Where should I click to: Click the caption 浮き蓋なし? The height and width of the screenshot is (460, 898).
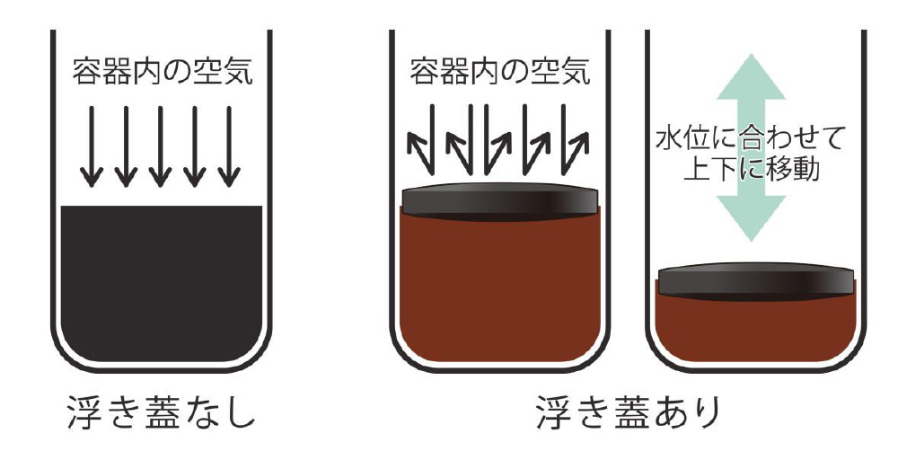click(162, 411)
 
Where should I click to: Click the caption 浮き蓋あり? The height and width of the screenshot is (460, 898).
click(629, 411)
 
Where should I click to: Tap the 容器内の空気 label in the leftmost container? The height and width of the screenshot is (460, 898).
click(162, 72)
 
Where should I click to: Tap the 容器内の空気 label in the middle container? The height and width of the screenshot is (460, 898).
click(500, 72)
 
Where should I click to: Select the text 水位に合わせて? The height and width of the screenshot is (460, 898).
click(750, 139)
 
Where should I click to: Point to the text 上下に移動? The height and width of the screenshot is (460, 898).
click(751, 168)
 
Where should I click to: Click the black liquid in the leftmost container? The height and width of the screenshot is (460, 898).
click(162, 284)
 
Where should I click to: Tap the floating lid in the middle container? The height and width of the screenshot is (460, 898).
click(500, 201)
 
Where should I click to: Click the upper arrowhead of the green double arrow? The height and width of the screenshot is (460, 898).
click(751, 77)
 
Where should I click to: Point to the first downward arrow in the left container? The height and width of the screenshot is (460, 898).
click(91, 146)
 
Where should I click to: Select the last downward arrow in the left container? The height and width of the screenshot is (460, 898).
click(229, 146)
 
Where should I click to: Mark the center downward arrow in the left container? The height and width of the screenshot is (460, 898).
click(160, 146)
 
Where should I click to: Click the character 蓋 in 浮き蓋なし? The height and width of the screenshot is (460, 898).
click(162, 411)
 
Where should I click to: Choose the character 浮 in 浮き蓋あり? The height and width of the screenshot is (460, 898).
click(555, 411)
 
